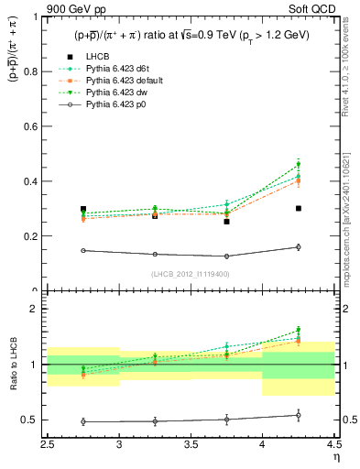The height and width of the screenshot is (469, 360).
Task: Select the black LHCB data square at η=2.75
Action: click(x=83, y=209)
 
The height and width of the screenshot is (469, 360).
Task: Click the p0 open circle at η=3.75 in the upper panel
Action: click(x=226, y=256)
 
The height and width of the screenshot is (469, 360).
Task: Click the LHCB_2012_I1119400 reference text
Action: click(x=191, y=274)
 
